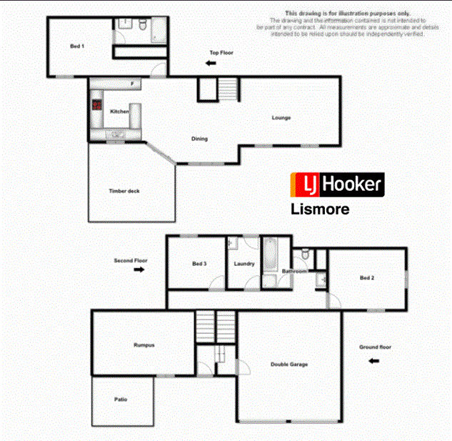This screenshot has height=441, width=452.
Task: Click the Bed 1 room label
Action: coord(77,46)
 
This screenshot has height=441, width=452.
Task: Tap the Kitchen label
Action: coord(119,112)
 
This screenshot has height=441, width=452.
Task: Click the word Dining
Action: coord(199,139)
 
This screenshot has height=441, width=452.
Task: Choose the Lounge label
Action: coord(281,117)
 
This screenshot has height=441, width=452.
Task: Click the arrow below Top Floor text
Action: coord(211,64)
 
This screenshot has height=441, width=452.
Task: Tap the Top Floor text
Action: coord(221,53)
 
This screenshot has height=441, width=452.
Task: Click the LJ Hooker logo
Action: coord(336,186)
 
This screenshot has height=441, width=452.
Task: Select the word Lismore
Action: coord(319,210)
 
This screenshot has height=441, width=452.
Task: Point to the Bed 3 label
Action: coord(199,264)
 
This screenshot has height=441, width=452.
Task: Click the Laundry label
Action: coord(244,264)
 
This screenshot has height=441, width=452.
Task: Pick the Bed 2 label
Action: coord(366,277)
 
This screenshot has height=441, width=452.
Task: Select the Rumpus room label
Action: coord(144,345)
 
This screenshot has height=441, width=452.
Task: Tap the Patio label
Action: coord(121,400)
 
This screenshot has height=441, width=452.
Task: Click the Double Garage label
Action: coord(288,365)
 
